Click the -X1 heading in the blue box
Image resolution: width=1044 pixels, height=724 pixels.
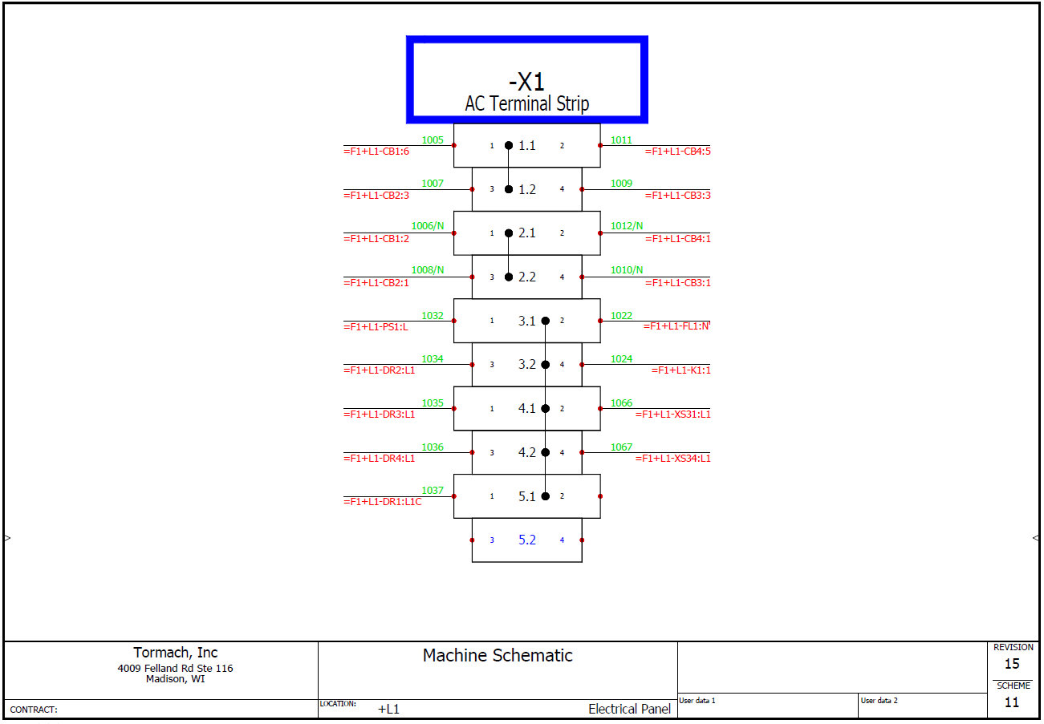click(526, 81)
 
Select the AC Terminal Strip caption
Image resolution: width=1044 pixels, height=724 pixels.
click(526, 103)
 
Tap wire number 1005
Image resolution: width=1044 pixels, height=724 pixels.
click(433, 140)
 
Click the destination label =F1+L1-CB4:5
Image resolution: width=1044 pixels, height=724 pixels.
click(677, 151)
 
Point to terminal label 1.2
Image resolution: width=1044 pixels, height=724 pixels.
click(526, 190)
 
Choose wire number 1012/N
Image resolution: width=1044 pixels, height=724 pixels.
click(627, 226)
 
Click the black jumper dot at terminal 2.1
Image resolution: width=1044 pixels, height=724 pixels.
click(508, 233)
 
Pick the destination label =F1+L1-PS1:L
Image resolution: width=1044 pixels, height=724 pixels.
click(376, 326)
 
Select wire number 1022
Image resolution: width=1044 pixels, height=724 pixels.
click(621, 315)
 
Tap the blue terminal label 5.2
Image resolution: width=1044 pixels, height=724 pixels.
click(526, 540)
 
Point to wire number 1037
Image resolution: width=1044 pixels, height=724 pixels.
click(433, 491)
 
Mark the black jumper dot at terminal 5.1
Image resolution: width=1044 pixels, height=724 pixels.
click(546, 496)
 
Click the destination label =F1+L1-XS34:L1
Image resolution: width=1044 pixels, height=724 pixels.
click(672, 459)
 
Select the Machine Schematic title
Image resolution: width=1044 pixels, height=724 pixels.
click(498, 656)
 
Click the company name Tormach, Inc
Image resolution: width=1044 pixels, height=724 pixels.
click(175, 653)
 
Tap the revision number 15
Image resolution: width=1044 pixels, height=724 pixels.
click(1012, 664)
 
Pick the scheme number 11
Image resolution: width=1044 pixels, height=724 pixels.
click(1012, 703)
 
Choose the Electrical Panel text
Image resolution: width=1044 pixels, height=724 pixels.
click(629, 709)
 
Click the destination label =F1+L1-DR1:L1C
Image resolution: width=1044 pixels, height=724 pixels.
click(382, 502)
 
